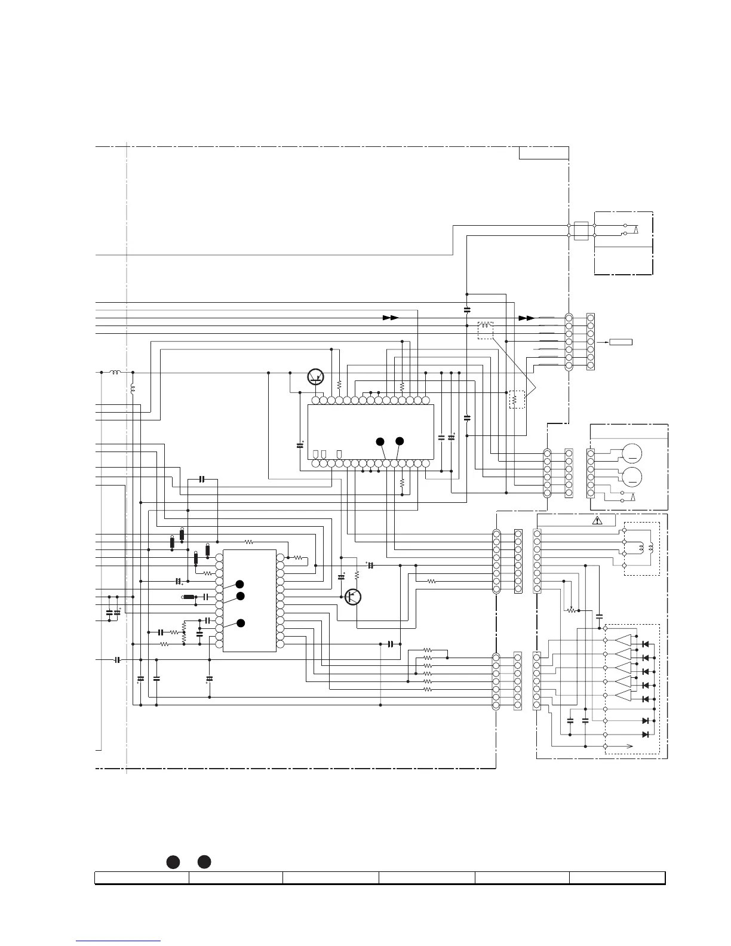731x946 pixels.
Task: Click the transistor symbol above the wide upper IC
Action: pyautogui.click(x=315, y=376)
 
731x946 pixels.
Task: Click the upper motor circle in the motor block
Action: pyautogui.click(x=632, y=454)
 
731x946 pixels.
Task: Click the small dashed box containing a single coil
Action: pyautogui.click(x=486, y=330)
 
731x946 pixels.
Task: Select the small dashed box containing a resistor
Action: pyautogui.click(x=517, y=399)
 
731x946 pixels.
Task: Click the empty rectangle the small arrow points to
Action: pyautogui.click(x=621, y=342)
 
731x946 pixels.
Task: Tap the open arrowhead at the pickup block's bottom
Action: pyautogui.click(x=629, y=746)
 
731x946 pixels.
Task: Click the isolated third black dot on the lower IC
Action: pyautogui.click(x=240, y=623)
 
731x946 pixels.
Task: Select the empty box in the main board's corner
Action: pyautogui.click(x=543, y=153)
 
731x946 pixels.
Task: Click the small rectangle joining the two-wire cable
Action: pyautogui.click(x=581, y=231)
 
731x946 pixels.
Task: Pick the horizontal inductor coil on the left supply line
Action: pyautogui.click(x=115, y=373)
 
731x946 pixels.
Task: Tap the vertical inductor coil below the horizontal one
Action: pyautogui.click(x=133, y=389)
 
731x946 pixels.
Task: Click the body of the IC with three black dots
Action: pyautogui.click(x=249, y=600)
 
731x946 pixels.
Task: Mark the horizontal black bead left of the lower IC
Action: pyautogui.click(x=189, y=597)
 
